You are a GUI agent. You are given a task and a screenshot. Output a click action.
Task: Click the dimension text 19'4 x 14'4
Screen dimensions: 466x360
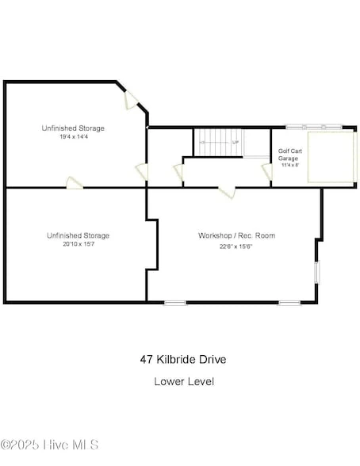coord(73,136)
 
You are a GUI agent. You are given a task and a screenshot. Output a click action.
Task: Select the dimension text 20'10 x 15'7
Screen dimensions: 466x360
coord(78,244)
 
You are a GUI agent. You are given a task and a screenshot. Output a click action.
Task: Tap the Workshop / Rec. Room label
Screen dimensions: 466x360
coord(236,235)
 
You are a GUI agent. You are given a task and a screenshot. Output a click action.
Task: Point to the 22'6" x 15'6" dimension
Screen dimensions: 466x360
coord(236,246)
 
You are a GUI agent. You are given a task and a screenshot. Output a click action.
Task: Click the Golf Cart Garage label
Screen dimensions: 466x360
coord(288,154)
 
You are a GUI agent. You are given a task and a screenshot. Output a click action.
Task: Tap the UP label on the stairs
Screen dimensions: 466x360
coord(235,142)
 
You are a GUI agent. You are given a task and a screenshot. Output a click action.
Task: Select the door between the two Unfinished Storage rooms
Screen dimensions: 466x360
coord(75,183)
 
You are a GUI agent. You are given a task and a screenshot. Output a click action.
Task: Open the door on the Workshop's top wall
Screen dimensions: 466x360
coord(228,190)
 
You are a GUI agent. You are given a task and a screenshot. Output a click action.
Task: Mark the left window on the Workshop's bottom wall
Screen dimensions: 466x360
coord(175,302)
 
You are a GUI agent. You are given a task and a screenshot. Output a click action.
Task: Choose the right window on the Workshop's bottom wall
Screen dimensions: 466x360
coord(289,302)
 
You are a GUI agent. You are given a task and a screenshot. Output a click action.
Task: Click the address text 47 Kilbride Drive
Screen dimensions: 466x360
coord(182,359)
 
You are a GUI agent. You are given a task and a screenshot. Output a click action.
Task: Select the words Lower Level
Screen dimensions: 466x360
coord(183,381)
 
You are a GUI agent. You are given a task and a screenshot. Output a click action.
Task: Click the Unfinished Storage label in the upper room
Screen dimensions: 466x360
coord(73,128)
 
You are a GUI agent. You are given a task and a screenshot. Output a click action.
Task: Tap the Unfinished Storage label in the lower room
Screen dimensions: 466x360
coord(78,235)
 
